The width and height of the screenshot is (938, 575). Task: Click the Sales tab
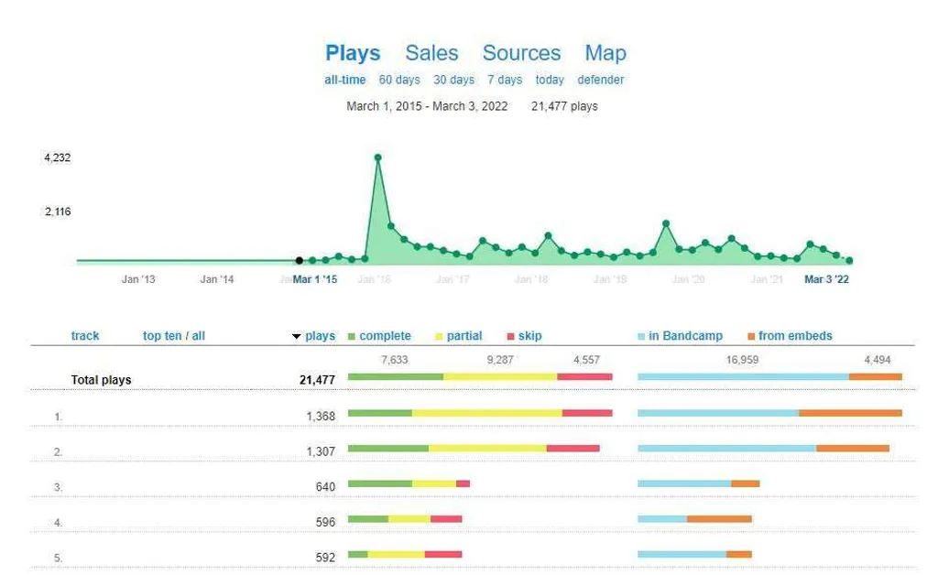(x=431, y=53)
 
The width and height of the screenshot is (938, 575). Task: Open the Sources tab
(x=521, y=53)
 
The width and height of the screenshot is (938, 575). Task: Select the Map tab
(x=605, y=53)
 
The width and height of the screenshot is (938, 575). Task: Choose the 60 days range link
(x=399, y=80)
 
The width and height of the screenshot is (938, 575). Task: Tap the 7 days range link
(x=505, y=80)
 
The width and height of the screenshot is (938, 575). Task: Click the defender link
(x=601, y=80)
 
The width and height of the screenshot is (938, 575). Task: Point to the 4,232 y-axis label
(x=57, y=157)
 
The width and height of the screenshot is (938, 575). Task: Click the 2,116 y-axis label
(x=57, y=212)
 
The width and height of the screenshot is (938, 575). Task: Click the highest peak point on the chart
(x=377, y=157)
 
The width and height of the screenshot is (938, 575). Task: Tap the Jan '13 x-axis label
(x=138, y=279)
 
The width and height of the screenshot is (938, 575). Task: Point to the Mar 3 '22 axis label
(x=826, y=279)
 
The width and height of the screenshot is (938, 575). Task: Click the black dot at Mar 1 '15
(x=299, y=261)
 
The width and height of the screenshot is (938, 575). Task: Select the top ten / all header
(x=174, y=336)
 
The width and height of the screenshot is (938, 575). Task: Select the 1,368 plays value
(x=321, y=417)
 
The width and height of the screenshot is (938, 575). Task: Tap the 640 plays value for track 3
(x=325, y=487)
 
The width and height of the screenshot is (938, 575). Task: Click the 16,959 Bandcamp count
(x=742, y=360)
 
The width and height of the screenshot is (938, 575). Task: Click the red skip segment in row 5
(x=443, y=554)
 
